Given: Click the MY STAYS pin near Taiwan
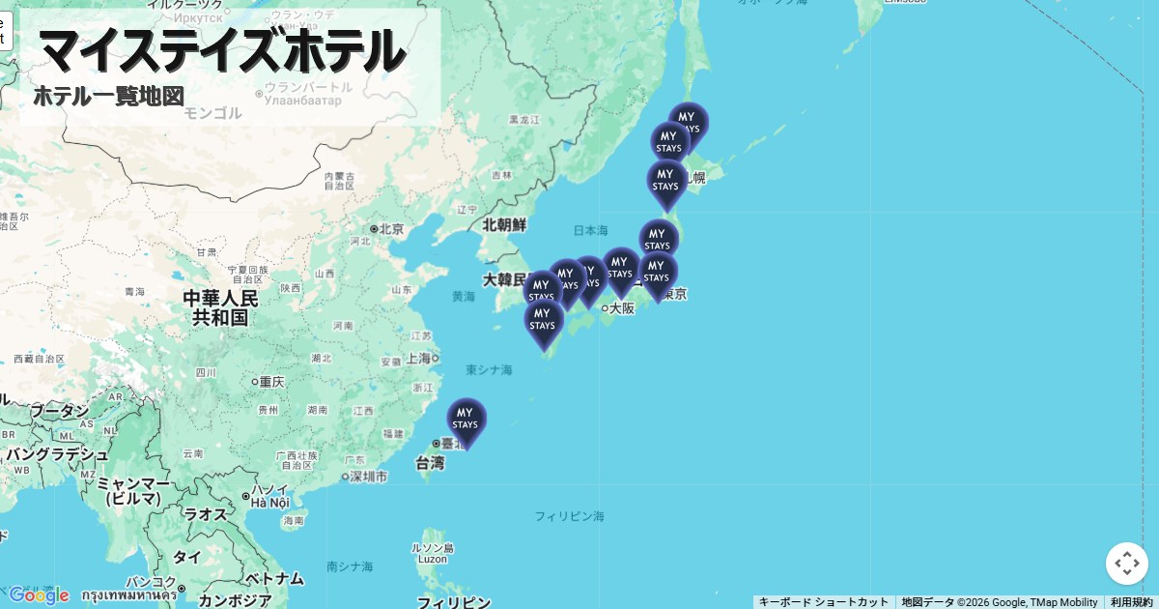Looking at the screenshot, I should click(x=466, y=420).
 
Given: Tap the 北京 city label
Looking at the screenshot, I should click(x=390, y=229).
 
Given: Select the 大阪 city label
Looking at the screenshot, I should click(x=621, y=308).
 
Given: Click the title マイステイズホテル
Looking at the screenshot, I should click(x=221, y=50).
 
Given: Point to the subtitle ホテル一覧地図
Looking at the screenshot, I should click(x=108, y=96).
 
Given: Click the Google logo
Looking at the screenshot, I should click(x=39, y=594).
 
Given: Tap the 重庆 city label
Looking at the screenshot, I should click(x=270, y=382).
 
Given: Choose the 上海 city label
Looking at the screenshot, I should click(x=419, y=358).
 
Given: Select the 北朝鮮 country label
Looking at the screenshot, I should click(x=504, y=224).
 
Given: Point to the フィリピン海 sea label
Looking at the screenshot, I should click(x=569, y=516).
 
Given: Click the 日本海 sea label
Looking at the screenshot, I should click(x=590, y=231).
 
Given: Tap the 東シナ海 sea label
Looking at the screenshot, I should click(x=489, y=369).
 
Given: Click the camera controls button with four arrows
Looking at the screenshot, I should click(x=1126, y=564).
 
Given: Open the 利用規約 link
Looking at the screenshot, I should click(x=1131, y=602).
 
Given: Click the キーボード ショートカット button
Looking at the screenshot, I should click(x=823, y=602).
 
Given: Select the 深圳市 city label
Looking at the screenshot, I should click(x=368, y=477).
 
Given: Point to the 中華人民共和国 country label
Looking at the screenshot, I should click(x=221, y=307).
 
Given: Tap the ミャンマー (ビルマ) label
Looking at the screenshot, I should click(x=134, y=490).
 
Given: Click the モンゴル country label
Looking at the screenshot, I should click(x=212, y=113).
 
